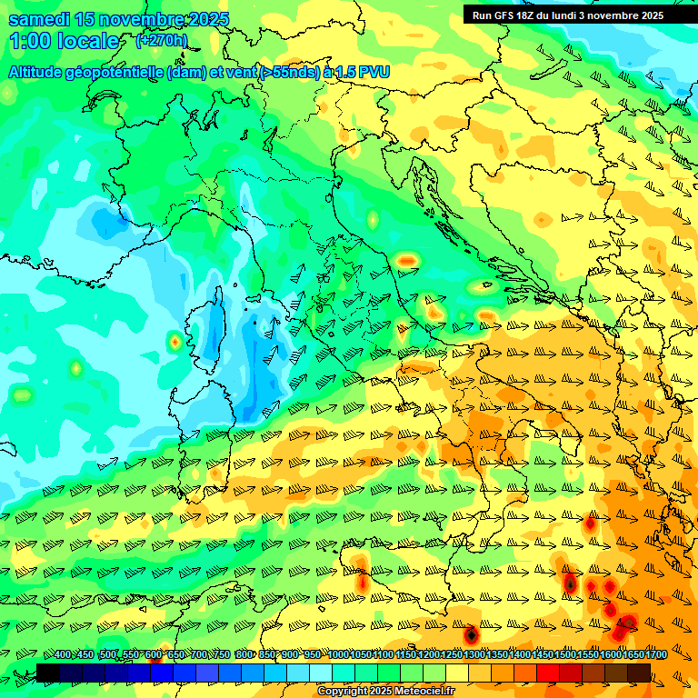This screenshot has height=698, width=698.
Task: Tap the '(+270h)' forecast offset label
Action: [161, 40]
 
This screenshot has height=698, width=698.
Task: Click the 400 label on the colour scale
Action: [63, 655]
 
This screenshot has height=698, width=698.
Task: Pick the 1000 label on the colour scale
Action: [337, 655]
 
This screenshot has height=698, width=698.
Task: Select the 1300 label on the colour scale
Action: [474, 655]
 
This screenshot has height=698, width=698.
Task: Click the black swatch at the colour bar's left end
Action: [48, 673]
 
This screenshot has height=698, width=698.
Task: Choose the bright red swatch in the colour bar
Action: [548, 673]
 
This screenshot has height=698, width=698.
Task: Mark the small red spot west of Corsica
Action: [174, 343]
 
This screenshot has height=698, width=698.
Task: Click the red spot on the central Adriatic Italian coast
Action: [406, 261]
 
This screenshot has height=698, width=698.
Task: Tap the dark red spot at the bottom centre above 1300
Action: [471, 634]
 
